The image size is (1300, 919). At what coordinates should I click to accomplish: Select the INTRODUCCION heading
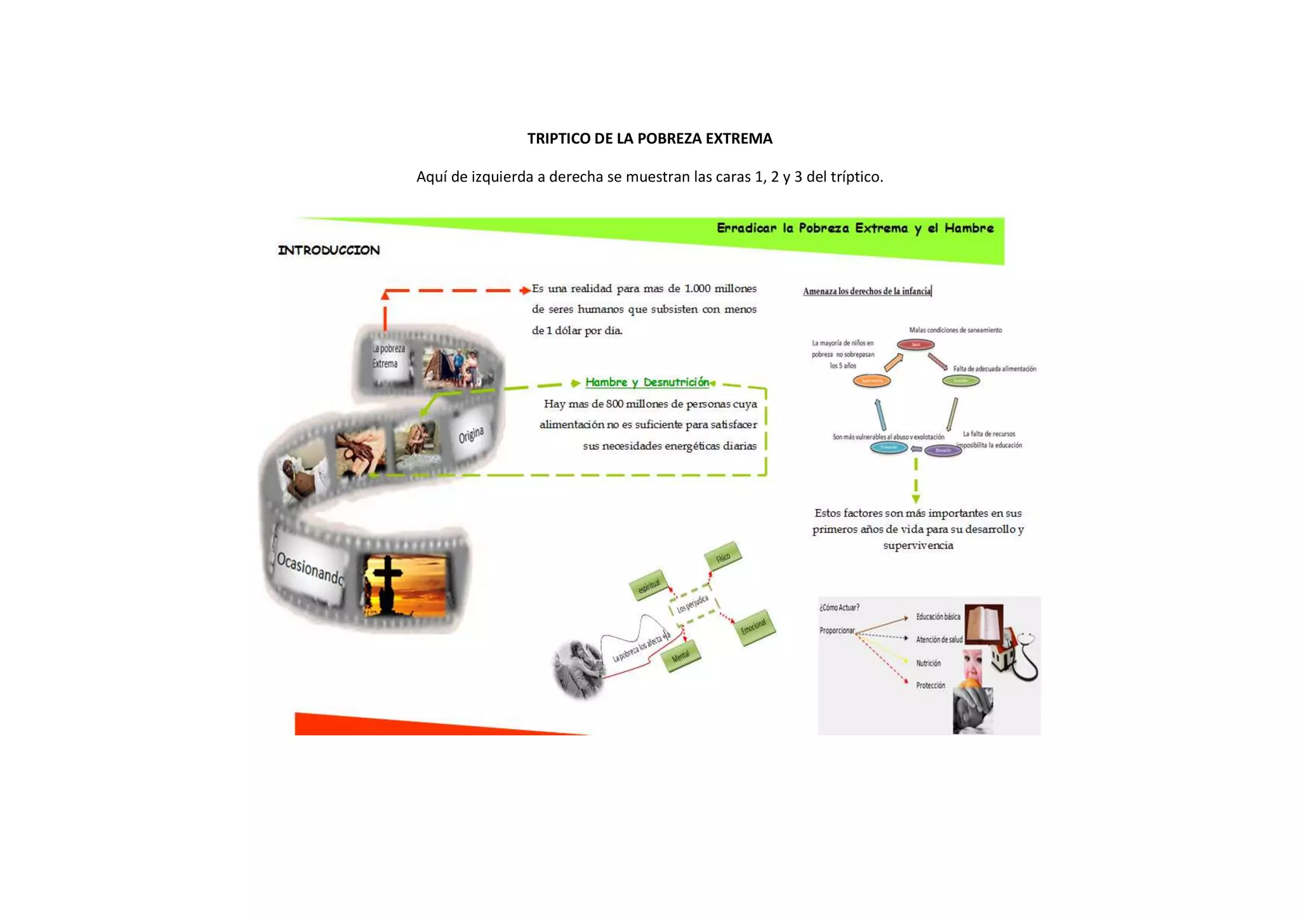[329, 250]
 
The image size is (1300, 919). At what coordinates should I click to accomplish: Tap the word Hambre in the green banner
[969, 228]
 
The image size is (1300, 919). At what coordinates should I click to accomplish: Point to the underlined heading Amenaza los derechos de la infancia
[866, 292]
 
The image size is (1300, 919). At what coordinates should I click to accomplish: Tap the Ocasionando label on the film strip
[310, 568]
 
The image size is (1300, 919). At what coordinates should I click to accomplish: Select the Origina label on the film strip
[471, 435]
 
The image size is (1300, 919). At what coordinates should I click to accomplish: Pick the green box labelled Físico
[723, 557]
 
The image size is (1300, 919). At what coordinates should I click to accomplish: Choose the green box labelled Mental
[680, 657]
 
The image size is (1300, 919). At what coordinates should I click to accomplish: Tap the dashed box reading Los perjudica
[693, 603]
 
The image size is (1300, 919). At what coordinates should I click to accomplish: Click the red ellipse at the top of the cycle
[915, 345]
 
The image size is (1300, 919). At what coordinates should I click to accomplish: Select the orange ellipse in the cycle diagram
[872, 381]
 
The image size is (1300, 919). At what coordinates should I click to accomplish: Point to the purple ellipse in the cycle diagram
[943, 450]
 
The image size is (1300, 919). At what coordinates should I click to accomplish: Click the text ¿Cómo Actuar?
[839, 608]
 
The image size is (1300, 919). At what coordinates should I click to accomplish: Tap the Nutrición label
[928, 663]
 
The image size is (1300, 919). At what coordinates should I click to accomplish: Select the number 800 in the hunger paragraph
[614, 404]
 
